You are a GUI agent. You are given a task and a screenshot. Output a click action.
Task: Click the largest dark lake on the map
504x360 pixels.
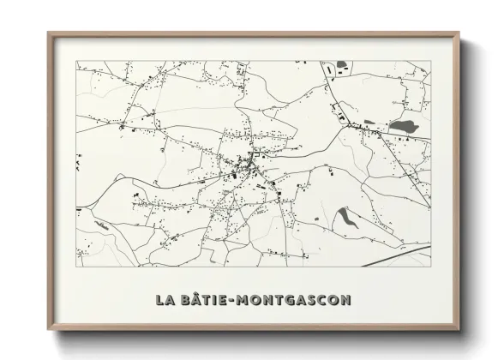coord(402,127)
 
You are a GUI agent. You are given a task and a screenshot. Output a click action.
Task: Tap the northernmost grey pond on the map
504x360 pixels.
coord(343,64)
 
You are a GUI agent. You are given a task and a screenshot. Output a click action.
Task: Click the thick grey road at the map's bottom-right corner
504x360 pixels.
coord(403,255)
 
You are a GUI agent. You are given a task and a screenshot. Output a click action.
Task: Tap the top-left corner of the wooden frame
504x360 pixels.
coord(49,33)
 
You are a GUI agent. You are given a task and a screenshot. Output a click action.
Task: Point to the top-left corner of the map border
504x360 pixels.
coord(76,60)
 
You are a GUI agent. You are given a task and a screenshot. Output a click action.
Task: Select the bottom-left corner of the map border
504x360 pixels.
coord(76,266)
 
